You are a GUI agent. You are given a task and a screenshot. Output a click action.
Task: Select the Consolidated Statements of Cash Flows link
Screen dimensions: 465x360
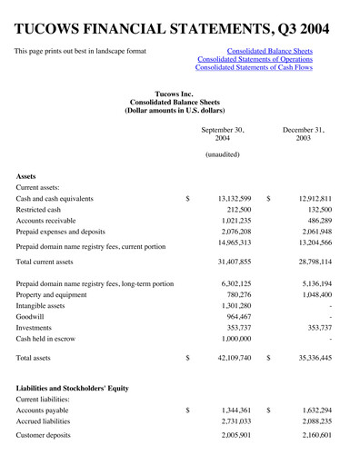coord(254,68)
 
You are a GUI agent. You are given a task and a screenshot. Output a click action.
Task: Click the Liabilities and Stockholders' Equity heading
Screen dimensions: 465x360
coord(72,388)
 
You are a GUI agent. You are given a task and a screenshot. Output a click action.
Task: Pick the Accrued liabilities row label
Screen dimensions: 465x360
coord(45,420)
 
